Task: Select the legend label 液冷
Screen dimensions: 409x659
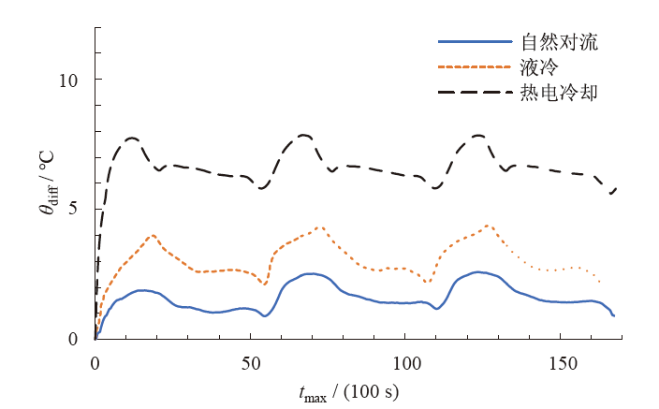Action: [x=537, y=67]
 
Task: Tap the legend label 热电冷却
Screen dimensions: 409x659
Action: [x=559, y=93]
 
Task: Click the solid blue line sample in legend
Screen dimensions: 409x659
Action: [x=475, y=42]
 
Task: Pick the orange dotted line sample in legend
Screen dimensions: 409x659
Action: [x=475, y=67]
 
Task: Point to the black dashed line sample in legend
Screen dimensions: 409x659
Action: [x=475, y=93]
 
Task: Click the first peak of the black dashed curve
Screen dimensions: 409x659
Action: [x=132, y=138]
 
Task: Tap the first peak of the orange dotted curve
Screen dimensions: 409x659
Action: [x=153, y=235]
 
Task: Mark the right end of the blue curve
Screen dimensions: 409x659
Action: [x=614, y=315]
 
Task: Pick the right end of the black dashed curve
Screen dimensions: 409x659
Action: [x=618, y=187]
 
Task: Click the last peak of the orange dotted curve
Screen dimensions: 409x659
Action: [x=489, y=226]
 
